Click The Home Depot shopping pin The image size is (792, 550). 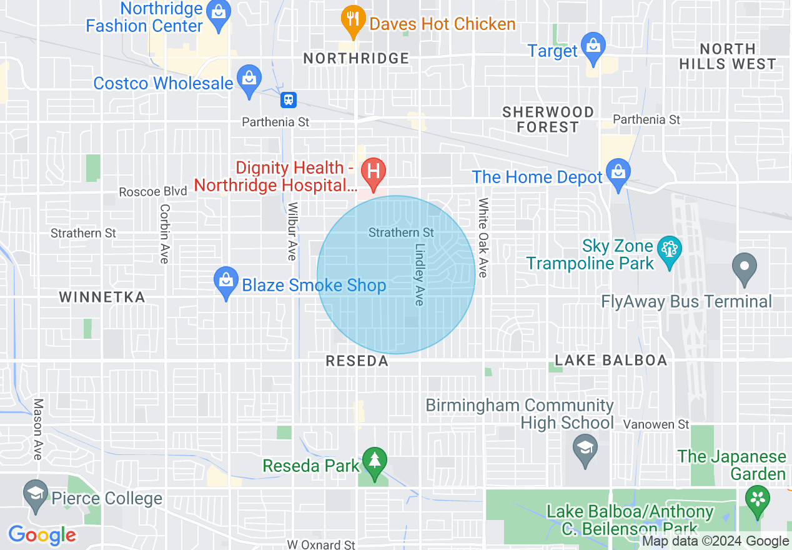(618, 174)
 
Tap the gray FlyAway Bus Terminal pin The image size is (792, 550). (744, 267)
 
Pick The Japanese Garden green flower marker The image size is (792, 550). (758, 501)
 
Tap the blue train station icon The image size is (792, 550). (289, 99)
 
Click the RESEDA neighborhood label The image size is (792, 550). (357, 361)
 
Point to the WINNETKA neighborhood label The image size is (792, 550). (102, 297)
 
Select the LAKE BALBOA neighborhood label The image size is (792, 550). (611, 361)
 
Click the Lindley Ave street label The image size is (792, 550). (419, 274)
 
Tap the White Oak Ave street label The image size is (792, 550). (483, 237)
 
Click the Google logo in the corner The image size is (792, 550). (42, 536)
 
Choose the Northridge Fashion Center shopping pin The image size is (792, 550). (219, 15)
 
